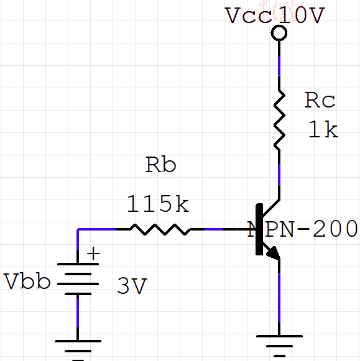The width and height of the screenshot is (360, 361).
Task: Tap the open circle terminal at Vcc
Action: point(279,33)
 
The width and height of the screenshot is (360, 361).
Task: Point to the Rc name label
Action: point(320,100)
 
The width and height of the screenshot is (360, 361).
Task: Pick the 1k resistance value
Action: point(323,130)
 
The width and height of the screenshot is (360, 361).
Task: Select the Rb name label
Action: point(160,165)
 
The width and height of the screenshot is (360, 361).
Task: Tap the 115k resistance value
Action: point(157,203)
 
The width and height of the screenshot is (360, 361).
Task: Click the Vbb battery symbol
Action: point(78,279)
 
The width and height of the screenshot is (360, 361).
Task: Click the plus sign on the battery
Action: point(93,254)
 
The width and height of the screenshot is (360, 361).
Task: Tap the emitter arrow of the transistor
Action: point(272,252)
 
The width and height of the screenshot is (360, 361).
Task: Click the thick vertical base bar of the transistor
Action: point(258,229)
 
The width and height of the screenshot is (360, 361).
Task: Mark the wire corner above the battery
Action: point(78,229)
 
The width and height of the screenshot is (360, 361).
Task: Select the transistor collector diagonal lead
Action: point(269,207)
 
